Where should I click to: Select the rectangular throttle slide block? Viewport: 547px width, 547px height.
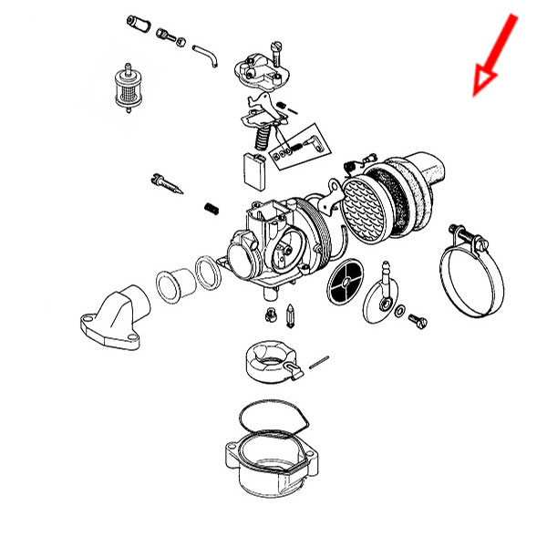click(254, 170)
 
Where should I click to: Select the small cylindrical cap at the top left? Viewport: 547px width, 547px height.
click(138, 22)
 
